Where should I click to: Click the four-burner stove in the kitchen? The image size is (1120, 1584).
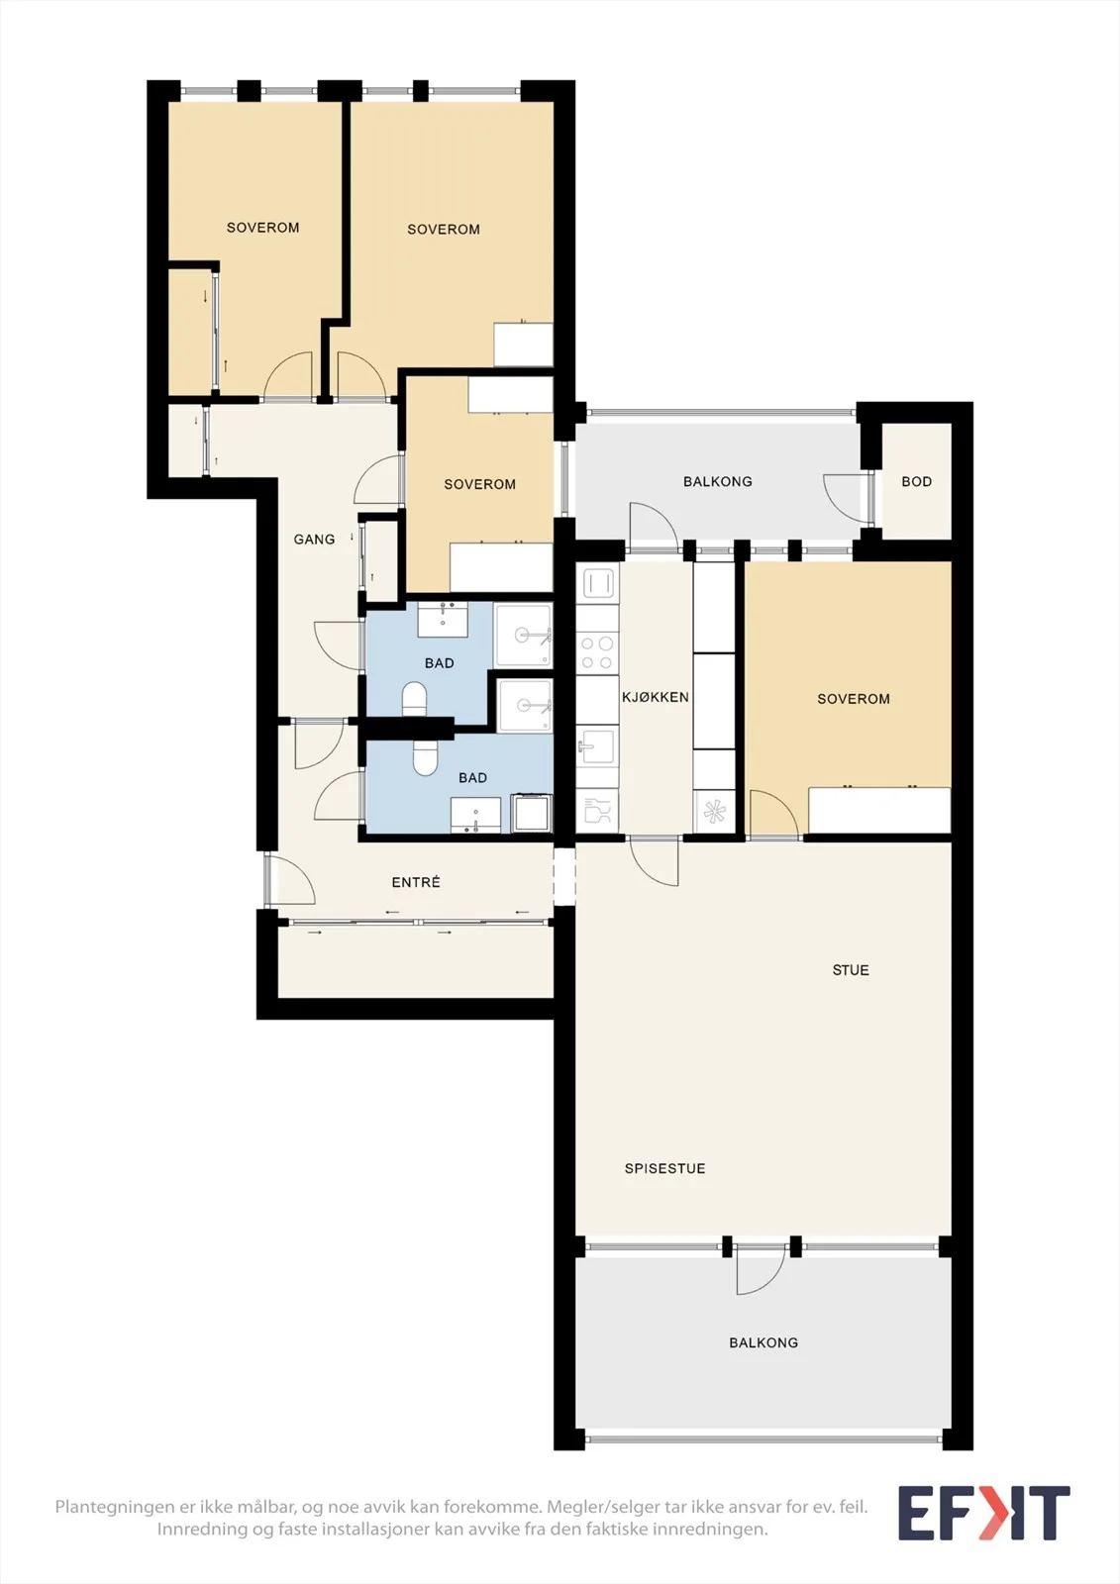pyautogui.click(x=597, y=652)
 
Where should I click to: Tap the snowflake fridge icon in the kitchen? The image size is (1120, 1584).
pyautogui.click(x=714, y=811)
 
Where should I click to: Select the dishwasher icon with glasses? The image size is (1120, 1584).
pyautogui.click(x=597, y=811)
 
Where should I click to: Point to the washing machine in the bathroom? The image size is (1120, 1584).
pyautogui.click(x=531, y=814)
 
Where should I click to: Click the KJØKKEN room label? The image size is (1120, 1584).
pyautogui.click(x=656, y=697)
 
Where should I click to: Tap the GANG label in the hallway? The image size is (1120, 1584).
pyautogui.click(x=314, y=540)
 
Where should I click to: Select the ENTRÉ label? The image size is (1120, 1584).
pyautogui.click(x=416, y=882)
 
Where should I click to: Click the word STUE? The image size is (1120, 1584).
pyautogui.click(x=851, y=970)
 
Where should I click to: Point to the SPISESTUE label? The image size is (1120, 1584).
pyautogui.click(x=665, y=1169)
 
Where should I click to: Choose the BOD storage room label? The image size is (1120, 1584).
pyautogui.click(x=916, y=481)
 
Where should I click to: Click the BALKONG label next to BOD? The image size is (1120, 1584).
pyautogui.click(x=717, y=481)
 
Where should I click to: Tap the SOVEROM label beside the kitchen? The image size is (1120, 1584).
pyautogui.click(x=854, y=699)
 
